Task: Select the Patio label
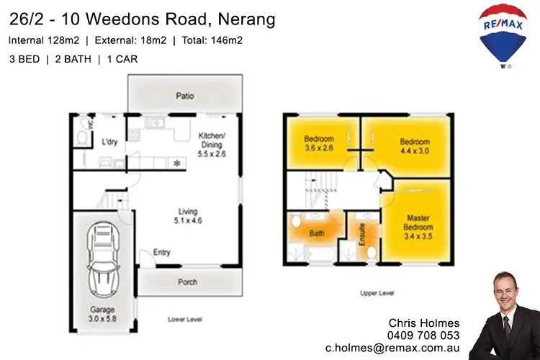186,95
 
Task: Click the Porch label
187,282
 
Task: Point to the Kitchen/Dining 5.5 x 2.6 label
214,143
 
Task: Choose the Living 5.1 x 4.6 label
188,216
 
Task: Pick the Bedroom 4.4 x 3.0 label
414,146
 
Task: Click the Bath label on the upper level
316,233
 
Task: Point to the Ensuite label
362,236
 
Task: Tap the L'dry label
109,141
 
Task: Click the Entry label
162,253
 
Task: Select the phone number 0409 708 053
423,335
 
